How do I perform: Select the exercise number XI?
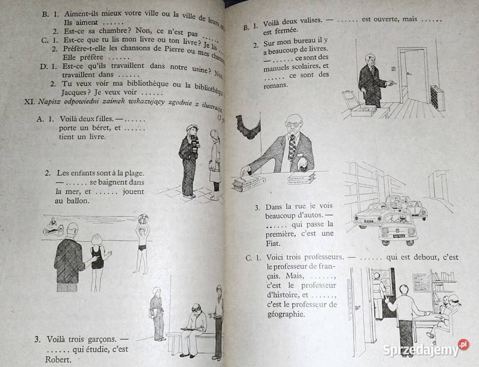coord(29,101)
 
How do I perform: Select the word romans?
coord(275,85)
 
